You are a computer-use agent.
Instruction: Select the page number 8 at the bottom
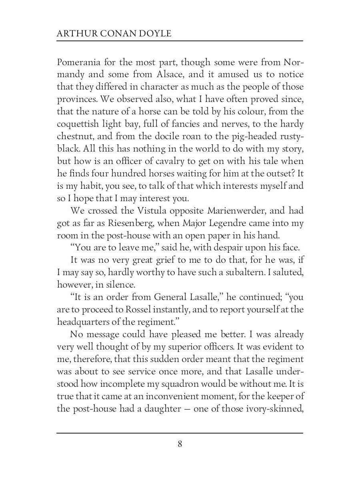coord(180,444)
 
